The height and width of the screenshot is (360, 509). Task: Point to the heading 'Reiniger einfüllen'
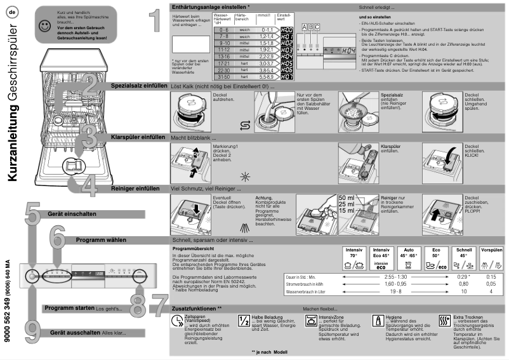coord(135,189)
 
